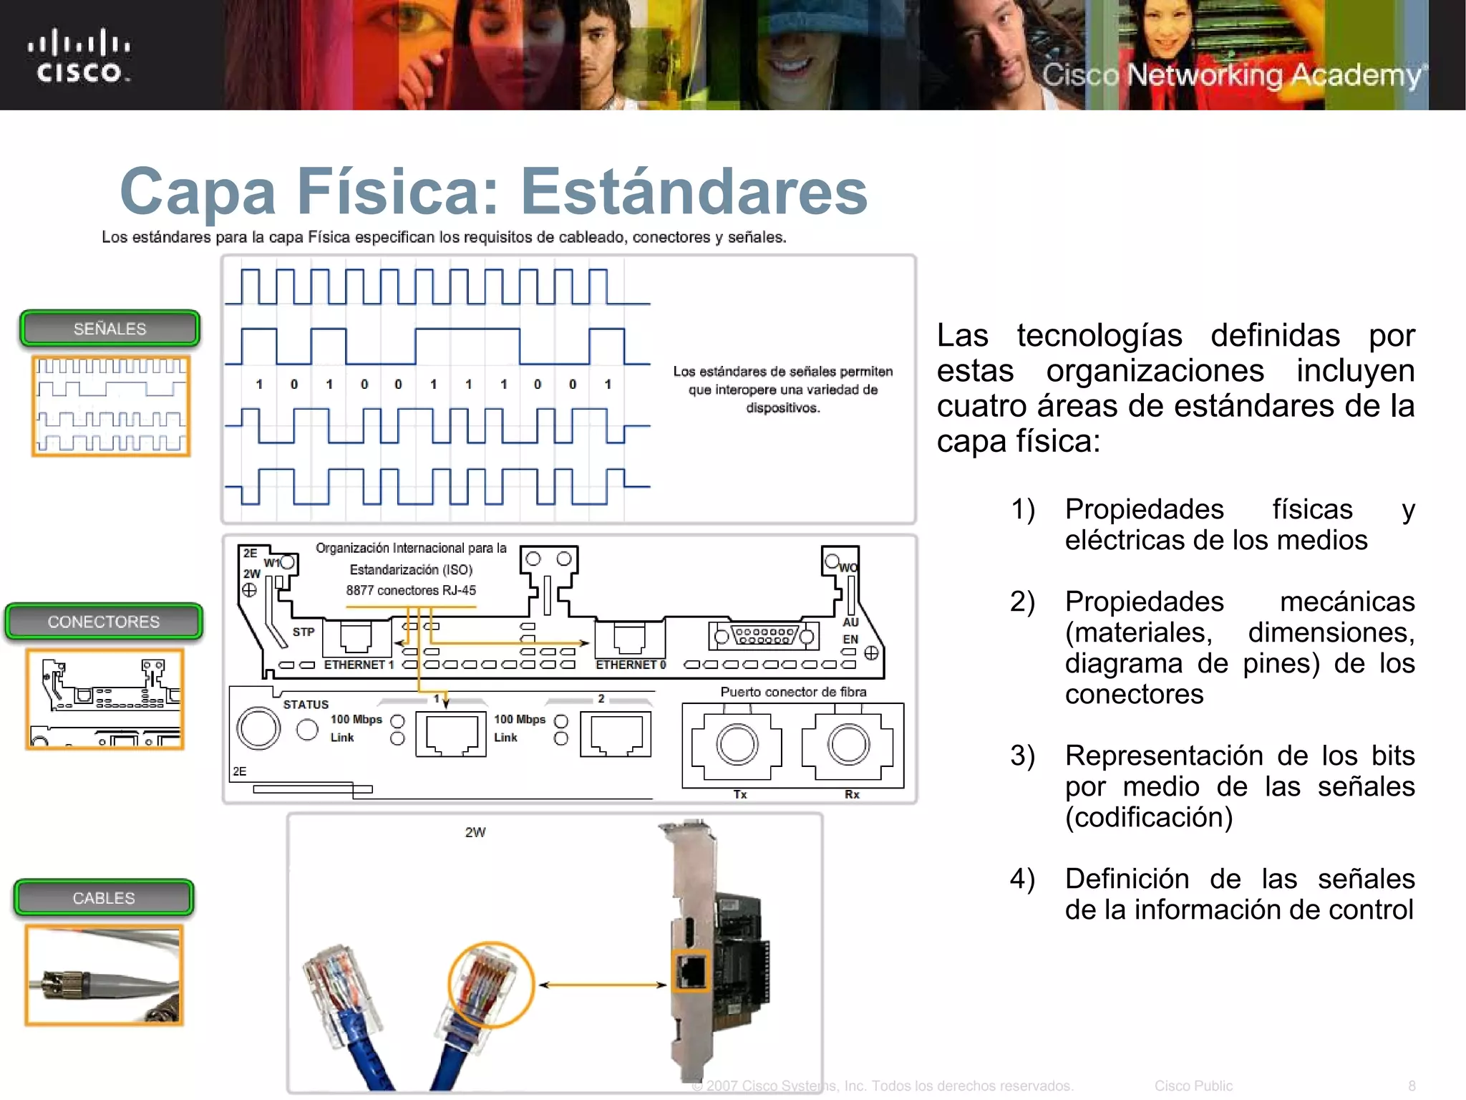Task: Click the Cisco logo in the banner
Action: pos(79,56)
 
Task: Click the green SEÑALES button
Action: pos(110,329)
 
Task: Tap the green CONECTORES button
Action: pos(104,622)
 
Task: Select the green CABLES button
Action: pos(104,898)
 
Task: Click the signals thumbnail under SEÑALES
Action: pos(111,406)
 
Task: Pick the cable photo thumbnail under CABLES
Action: pos(105,975)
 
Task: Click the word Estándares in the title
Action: pos(693,191)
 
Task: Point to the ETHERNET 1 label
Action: pos(359,665)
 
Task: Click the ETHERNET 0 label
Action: pos(631,665)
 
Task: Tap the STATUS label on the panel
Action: pos(306,705)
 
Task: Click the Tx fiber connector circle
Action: pos(737,744)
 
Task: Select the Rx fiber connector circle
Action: pos(849,744)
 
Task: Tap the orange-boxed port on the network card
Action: pos(691,971)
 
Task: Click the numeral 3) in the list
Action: pos(1022,756)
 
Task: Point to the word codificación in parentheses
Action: pos(1148,818)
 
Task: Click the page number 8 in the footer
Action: pos(1412,1086)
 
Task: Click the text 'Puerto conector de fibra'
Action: pos(793,692)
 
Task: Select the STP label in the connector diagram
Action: pos(304,632)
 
